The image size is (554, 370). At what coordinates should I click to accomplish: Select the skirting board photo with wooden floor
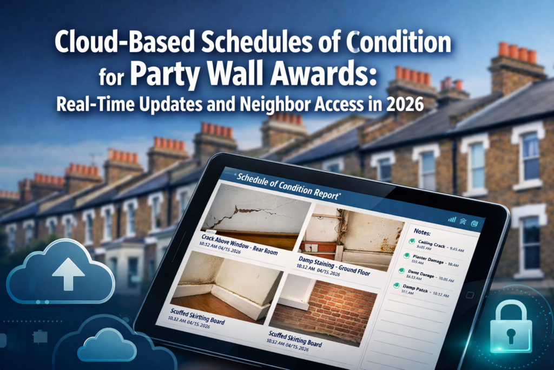click(x=226, y=284)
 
